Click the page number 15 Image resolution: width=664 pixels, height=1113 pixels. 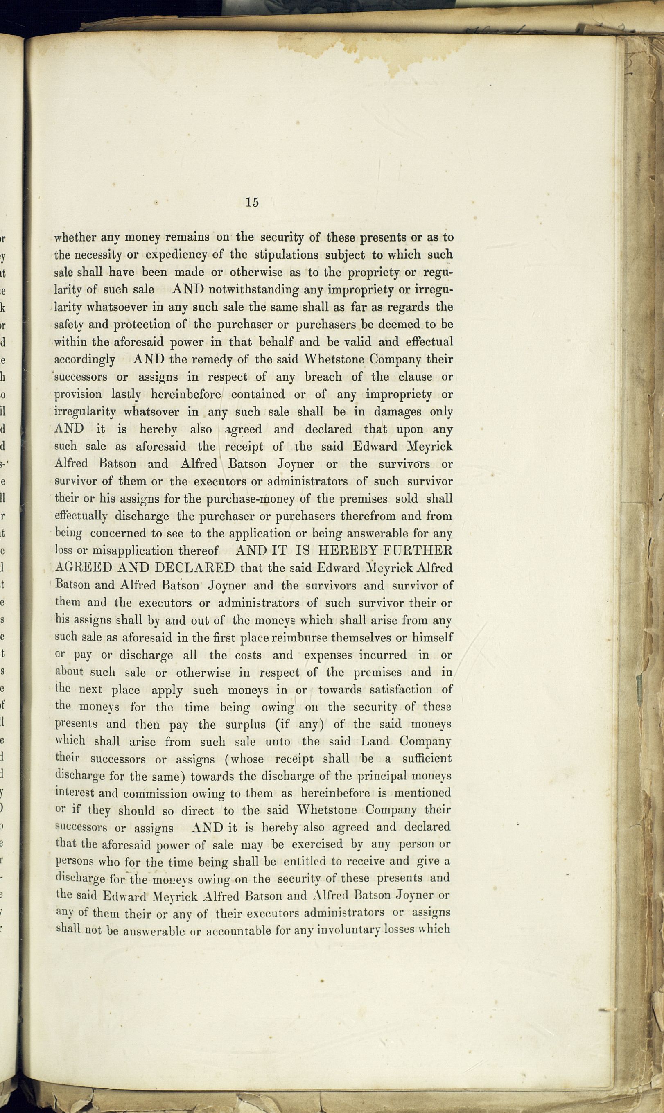pyautogui.click(x=252, y=202)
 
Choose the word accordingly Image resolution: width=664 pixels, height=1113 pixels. pyautogui.click(x=85, y=360)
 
